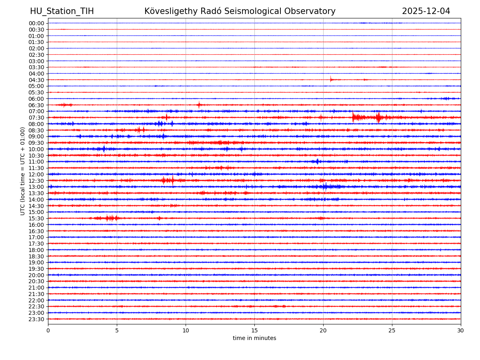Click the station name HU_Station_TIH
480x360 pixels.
click(x=62, y=11)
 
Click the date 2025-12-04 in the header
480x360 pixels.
click(x=426, y=11)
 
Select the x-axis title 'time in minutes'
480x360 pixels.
click(x=254, y=338)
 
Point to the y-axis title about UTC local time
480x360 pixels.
click(x=23, y=171)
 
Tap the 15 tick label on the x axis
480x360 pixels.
click(x=254, y=330)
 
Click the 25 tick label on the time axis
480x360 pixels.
click(x=392, y=330)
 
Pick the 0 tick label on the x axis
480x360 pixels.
click(x=48, y=330)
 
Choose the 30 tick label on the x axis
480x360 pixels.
click(x=461, y=330)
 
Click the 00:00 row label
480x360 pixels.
click(x=36, y=23)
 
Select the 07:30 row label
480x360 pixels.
click(x=36, y=118)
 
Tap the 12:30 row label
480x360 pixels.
click(x=36, y=181)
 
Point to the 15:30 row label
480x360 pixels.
click(x=36, y=218)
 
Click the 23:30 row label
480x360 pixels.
click(x=36, y=319)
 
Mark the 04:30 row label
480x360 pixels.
click(x=36, y=80)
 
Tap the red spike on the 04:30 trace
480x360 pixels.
click(x=331, y=79)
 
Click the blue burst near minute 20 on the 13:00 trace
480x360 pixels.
click(x=325, y=187)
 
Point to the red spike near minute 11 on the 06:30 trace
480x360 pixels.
click(x=199, y=105)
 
